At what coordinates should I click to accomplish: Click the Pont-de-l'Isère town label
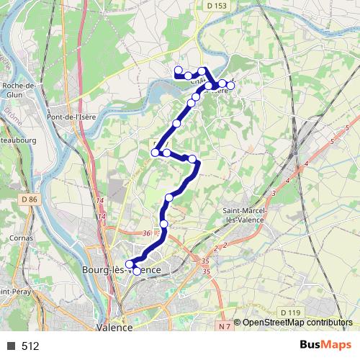tap(70, 117)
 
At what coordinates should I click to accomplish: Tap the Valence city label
tap(114, 326)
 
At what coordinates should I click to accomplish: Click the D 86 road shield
tap(29, 199)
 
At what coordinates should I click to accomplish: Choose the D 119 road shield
tap(290, 312)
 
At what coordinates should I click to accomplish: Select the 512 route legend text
tap(31, 346)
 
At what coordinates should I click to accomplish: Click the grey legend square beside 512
tap(11, 346)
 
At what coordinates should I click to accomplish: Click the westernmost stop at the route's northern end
tap(178, 70)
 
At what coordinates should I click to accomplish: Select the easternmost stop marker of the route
tap(230, 84)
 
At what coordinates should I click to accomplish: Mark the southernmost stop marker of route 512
tap(138, 271)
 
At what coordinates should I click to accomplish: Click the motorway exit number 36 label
tap(148, 233)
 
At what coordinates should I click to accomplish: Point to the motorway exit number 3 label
tap(274, 194)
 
